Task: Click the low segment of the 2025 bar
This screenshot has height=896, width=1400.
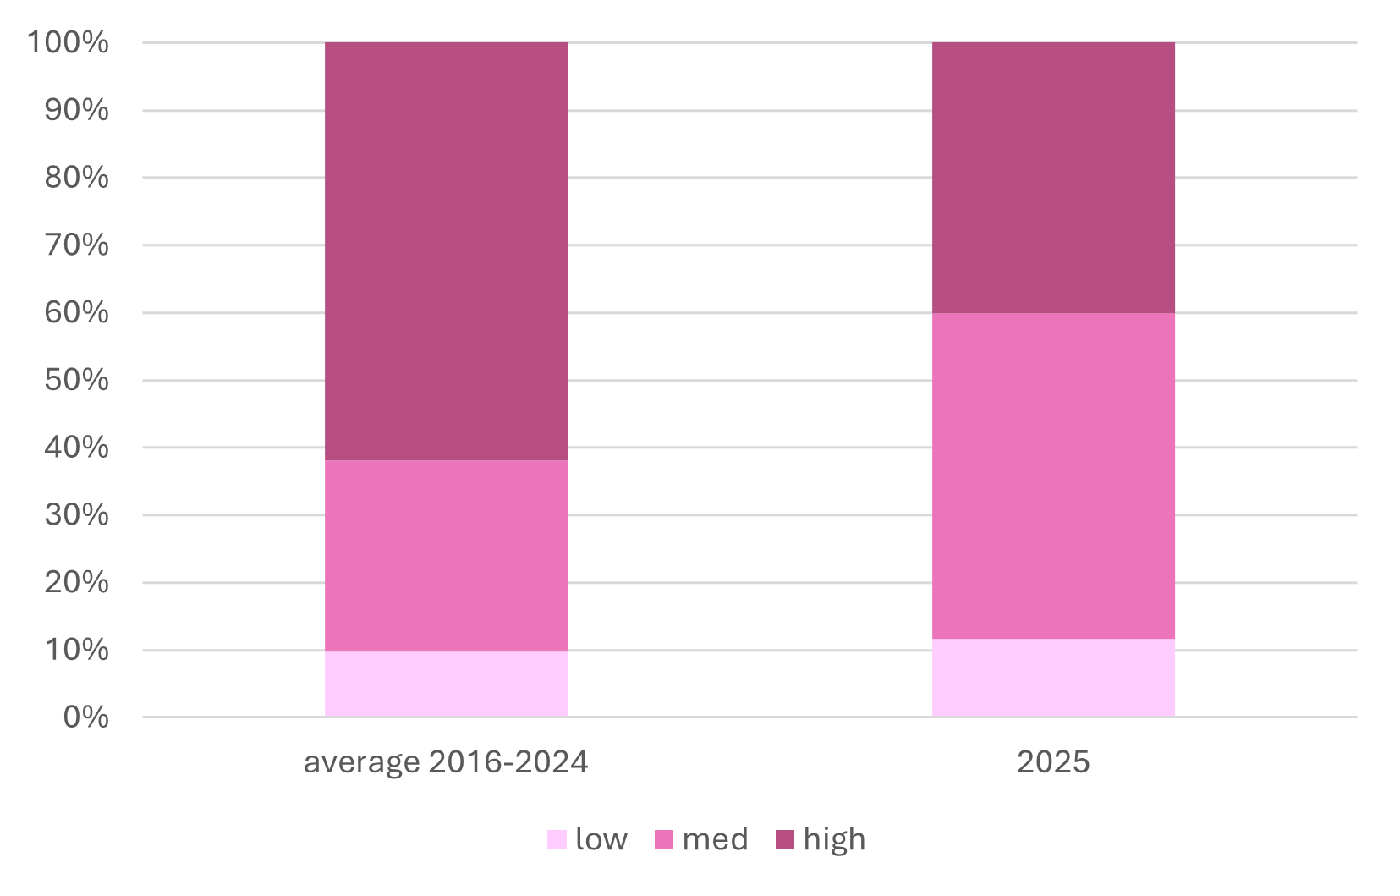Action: (x=1053, y=678)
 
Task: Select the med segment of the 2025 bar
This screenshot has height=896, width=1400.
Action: (x=1053, y=475)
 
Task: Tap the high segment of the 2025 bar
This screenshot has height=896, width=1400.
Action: (x=1053, y=178)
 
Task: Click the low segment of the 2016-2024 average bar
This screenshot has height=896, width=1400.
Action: (x=446, y=684)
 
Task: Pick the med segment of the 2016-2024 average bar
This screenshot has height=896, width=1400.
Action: (x=446, y=555)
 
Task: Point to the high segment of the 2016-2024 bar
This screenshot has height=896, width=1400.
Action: (x=446, y=251)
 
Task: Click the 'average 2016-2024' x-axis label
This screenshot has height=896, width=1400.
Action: (x=446, y=762)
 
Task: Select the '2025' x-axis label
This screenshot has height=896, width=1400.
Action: (x=1053, y=762)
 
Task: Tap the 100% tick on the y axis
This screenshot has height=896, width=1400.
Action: (x=69, y=42)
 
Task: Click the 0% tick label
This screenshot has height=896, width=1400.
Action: (x=85, y=717)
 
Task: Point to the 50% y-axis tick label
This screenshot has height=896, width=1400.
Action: (x=76, y=380)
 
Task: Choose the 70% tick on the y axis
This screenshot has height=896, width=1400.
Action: (x=76, y=245)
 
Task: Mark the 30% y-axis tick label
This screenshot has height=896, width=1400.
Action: (x=76, y=514)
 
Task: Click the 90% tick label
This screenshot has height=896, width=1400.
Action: (x=76, y=110)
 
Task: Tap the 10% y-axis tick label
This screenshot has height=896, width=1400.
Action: (x=76, y=650)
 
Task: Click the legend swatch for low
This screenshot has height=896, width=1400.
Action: (x=557, y=839)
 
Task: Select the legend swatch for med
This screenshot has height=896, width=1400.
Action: (x=664, y=839)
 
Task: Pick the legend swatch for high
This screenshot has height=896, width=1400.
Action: (x=786, y=839)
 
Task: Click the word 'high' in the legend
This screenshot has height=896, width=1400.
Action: (x=834, y=839)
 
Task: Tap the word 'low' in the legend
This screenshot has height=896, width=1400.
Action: (x=601, y=839)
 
